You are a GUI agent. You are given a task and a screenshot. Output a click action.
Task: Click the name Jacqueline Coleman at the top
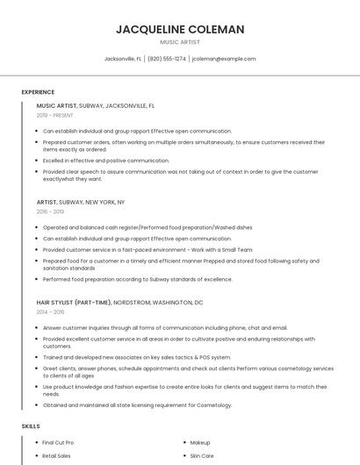pos(180,30)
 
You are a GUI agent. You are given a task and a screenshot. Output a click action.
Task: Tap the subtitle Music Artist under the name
pos(180,42)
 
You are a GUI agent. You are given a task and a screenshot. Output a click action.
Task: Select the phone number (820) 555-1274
pos(167,59)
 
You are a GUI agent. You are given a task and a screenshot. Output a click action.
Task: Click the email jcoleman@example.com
pos(224,59)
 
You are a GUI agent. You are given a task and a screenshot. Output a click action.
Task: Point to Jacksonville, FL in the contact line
pos(123,59)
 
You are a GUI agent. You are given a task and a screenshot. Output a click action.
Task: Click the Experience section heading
pos(38,92)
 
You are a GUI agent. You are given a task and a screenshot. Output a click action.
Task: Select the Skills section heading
pos(31,426)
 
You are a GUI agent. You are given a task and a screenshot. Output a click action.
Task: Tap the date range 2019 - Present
pos(55,115)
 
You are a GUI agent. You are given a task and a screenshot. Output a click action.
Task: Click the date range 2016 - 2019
pos(50,211)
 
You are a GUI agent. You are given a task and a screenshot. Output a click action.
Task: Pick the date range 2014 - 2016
pos(50,311)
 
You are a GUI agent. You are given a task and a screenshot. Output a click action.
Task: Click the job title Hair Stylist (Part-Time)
pos(74,302)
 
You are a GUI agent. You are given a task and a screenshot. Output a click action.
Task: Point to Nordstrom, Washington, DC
pos(159,302)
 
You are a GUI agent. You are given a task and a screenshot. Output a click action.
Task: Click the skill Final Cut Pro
pos(58,443)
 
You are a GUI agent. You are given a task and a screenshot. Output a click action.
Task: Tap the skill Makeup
pos(200,443)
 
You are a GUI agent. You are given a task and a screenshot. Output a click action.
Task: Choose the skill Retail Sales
pos(55,456)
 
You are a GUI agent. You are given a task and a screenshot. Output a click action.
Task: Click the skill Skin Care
pos(202,456)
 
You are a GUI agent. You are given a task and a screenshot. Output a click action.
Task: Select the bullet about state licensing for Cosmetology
pos(137,405)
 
